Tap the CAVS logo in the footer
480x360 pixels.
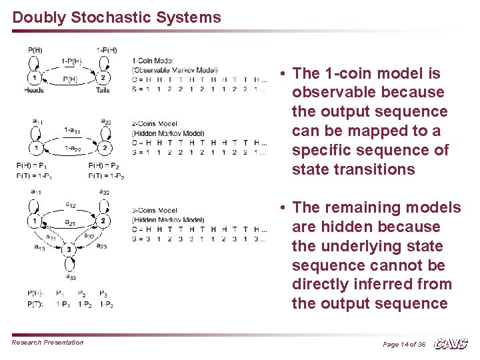[x=451, y=343]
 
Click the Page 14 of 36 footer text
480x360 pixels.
[x=404, y=344]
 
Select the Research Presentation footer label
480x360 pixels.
[x=47, y=343]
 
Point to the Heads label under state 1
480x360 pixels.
[x=34, y=90]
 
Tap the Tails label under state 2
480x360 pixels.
[x=103, y=90]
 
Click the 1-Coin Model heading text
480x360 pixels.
[x=153, y=60]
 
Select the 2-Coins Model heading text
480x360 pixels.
[x=155, y=123]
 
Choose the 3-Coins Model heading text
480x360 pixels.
[x=155, y=211]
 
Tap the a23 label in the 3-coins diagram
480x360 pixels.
[x=103, y=246]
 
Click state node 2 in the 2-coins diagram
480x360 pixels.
[x=103, y=147]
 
